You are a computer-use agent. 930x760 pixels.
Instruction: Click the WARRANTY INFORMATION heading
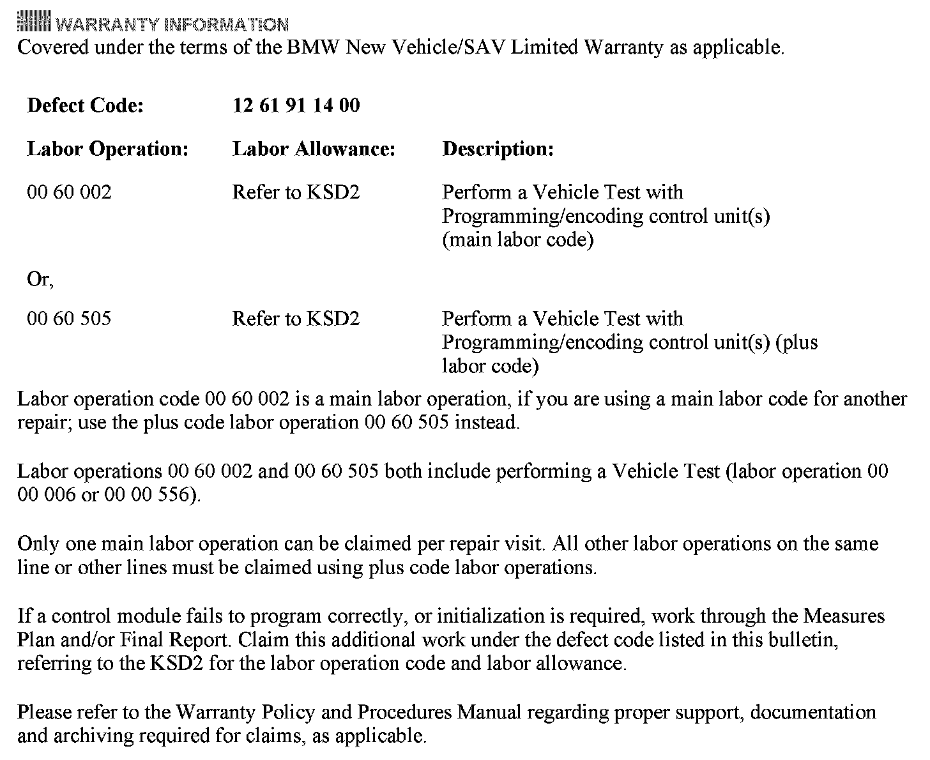coord(172,25)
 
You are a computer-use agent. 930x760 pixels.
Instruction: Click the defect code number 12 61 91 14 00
coord(296,105)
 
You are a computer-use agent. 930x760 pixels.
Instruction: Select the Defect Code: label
coord(85,105)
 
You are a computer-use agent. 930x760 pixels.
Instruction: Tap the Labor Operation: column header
coord(107,149)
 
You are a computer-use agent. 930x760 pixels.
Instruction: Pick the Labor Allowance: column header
coord(314,149)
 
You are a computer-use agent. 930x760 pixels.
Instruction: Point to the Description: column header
coord(498,149)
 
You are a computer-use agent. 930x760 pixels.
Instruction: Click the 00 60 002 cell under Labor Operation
coord(69,192)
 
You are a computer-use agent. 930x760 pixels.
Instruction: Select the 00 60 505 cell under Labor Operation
coord(69,318)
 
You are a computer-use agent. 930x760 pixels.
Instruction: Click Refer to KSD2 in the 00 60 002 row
coord(296,192)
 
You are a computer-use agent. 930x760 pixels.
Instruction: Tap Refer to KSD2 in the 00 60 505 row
coord(296,318)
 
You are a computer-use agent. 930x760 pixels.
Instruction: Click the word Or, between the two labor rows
coord(40,280)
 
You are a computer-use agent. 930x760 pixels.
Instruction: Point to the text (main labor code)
coord(517,240)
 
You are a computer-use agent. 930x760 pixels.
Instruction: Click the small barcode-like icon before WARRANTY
coord(34,24)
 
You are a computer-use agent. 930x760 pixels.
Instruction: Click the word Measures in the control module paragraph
coord(844,616)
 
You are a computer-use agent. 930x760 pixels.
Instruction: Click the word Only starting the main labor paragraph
coord(37,543)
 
